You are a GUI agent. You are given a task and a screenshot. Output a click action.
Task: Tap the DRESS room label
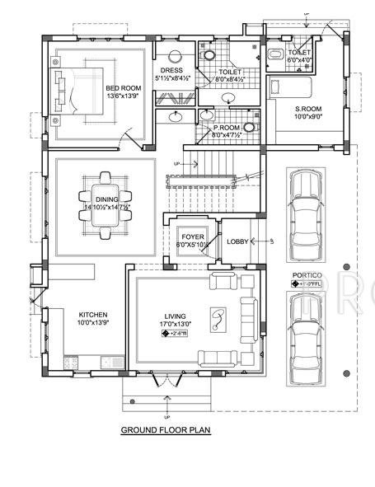point(172,71)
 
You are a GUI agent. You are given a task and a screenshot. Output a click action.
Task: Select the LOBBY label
point(237,241)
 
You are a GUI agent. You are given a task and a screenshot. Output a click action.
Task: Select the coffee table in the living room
point(221,319)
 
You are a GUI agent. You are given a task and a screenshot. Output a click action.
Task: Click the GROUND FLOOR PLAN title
point(166,429)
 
